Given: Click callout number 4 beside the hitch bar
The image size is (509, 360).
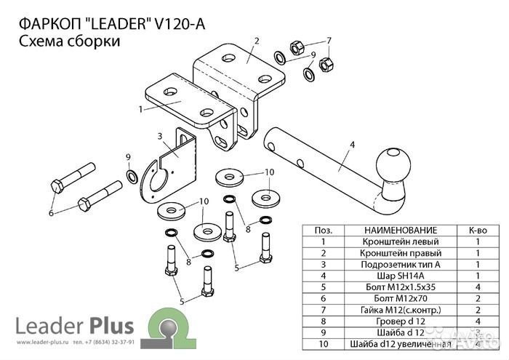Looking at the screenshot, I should click(353, 145).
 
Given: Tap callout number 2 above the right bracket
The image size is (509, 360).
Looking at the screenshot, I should click(257, 40).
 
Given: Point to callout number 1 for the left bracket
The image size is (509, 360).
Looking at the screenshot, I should click(140, 110).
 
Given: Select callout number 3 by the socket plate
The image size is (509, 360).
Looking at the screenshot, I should click(159, 136).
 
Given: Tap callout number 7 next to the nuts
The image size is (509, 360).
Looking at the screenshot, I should click(329, 40).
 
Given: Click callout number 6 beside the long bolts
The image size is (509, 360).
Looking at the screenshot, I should click(51, 213).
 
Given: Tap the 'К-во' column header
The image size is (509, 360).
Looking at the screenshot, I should click(478, 229).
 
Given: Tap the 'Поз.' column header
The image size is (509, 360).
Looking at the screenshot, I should click(322, 229).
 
